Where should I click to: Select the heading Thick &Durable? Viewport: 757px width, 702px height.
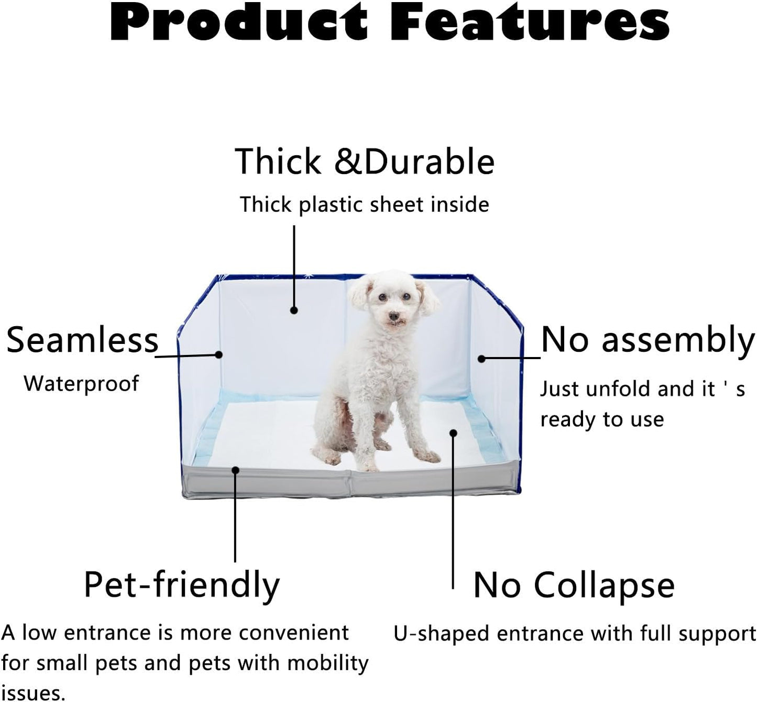[x=364, y=161]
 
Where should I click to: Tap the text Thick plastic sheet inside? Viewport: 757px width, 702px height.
[x=364, y=204]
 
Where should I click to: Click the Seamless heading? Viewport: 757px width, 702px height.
[x=82, y=340]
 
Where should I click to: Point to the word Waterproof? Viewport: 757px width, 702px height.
[x=81, y=383]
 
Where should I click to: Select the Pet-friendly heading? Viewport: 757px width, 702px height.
[x=182, y=585]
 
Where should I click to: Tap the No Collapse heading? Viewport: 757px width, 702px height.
[x=574, y=585]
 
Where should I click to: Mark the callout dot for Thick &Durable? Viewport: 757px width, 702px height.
[x=294, y=310]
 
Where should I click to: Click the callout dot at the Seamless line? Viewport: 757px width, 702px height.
[x=219, y=355]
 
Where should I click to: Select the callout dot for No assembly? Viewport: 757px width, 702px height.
[x=481, y=359]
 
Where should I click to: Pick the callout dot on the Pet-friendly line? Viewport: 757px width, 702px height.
[x=236, y=470]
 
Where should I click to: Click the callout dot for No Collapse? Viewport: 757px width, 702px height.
[x=453, y=433]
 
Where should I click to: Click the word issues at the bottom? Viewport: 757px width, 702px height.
[x=32, y=693]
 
